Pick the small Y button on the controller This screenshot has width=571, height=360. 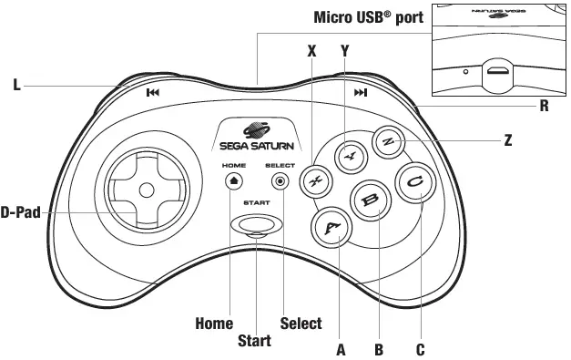pos(347,156)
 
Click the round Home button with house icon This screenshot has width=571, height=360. pos(233,181)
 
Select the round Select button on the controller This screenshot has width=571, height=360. pos(280,181)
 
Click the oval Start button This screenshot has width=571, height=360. pos(256,224)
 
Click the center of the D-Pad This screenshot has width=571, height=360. pos(145,190)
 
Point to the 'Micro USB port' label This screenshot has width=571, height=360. pos(368,17)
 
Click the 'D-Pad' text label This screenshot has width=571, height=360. pos(22,213)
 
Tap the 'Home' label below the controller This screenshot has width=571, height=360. pos(214,323)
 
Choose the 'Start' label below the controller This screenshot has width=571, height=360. pos(254,342)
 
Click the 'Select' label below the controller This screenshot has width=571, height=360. pos(301,323)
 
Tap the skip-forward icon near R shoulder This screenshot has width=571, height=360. pos(361,92)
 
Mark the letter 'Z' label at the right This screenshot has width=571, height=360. pos(507,141)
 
